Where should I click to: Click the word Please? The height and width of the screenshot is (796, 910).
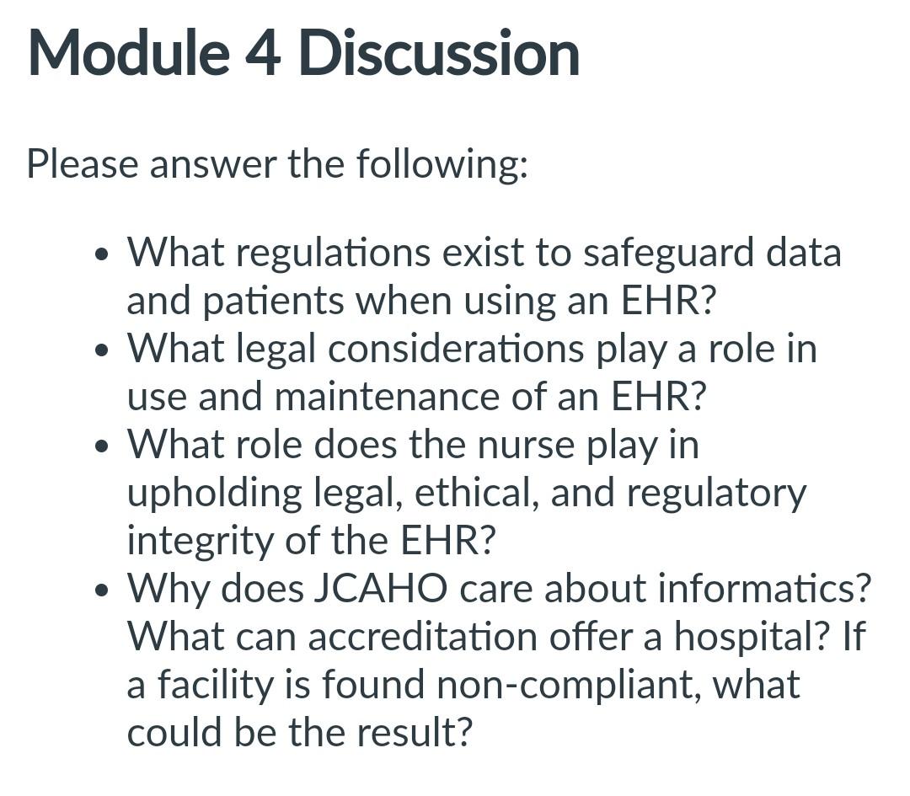82,163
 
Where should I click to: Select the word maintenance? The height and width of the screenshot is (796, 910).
388,397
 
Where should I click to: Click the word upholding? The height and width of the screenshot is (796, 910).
214,494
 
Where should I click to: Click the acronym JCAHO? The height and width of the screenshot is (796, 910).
380,588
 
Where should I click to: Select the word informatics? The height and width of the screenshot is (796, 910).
763,588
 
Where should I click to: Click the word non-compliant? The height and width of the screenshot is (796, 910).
568,684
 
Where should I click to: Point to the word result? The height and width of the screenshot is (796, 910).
413,732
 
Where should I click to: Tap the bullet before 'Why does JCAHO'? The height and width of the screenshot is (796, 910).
103,590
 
